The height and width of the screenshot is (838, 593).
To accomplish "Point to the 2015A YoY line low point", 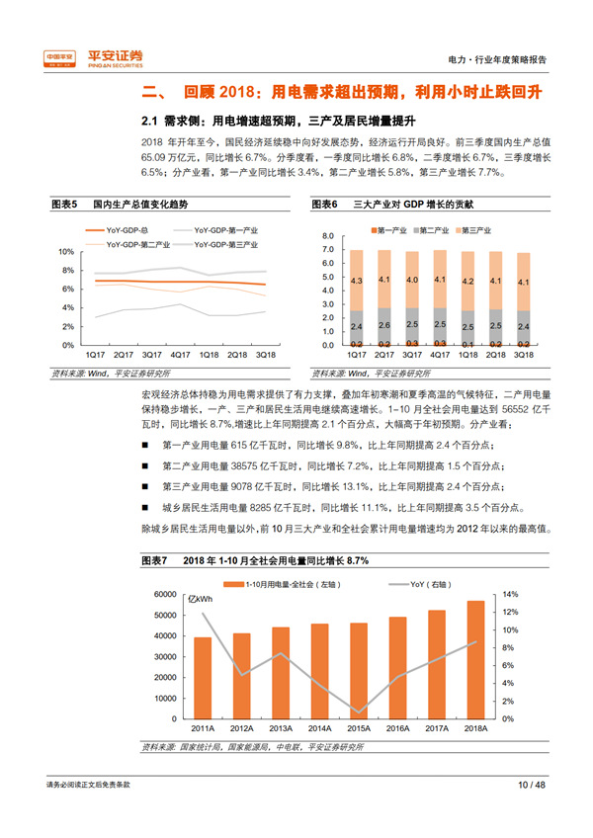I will (x=359, y=712).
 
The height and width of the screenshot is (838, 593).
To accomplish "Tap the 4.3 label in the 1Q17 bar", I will (x=357, y=281).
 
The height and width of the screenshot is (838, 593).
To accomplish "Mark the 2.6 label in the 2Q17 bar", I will (x=384, y=324).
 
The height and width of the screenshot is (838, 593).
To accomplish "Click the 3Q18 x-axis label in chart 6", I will (x=524, y=353).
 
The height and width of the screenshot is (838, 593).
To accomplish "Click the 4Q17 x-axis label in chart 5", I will (x=180, y=353).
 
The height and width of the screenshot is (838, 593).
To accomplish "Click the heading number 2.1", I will (x=150, y=122).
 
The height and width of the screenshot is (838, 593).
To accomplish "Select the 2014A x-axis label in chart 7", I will (x=317, y=729).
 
